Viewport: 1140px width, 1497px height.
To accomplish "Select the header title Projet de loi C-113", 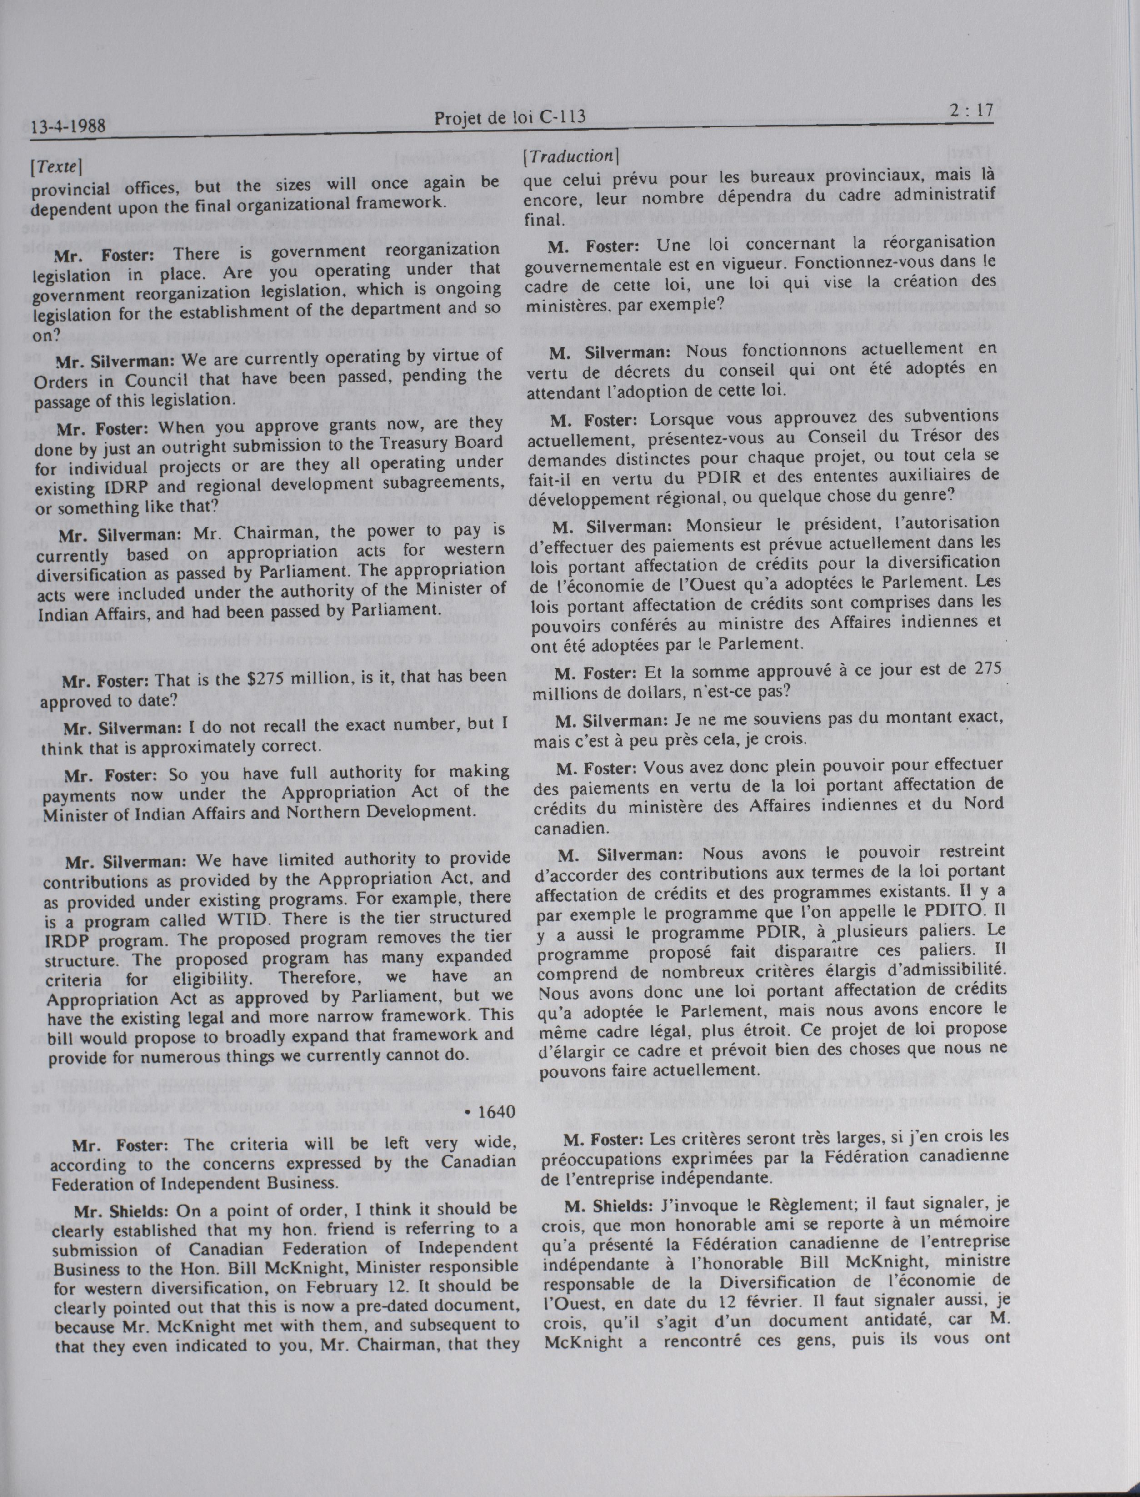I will click(510, 118).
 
